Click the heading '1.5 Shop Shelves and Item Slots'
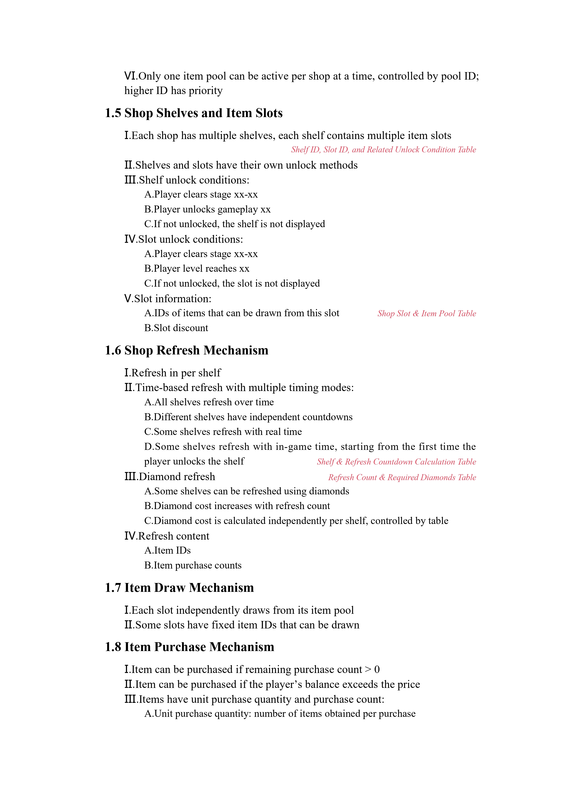pyautogui.click(x=194, y=113)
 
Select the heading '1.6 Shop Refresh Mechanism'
pyautogui.click(x=187, y=351)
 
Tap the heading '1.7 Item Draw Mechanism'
pyautogui.click(x=179, y=588)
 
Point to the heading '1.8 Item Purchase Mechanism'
pyautogui.click(x=189, y=647)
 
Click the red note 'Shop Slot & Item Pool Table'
pyautogui.click(x=427, y=314)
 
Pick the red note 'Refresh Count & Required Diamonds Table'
pyautogui.click(x=402, y=477)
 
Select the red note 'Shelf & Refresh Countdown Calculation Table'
pyautogui.click(x=396, y=462)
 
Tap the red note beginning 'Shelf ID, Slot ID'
pyautogui.click(x=383, y=150)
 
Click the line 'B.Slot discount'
pyautogui.click(x=176, y=328)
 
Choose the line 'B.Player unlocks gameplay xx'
pyautogui.click(x=207, y=210)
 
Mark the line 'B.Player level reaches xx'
pyautogui.click(x=196, y=269)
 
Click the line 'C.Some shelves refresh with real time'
pyautogui.click(x=223, y=432)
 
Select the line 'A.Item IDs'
pyautogui.click(x=168, y=550)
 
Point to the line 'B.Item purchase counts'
pyautogui.click(x=193, y=565)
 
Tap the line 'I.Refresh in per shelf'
pyautogui.click(x=172, y=373)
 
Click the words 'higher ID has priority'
pyautogui.click(x=173, y=91)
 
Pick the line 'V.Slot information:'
pyautogui.click(x=168, y=299)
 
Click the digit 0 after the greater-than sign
pyautogui.click(x=377, y=670)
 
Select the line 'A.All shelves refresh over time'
pyautogui.click(x=209, y=402)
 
